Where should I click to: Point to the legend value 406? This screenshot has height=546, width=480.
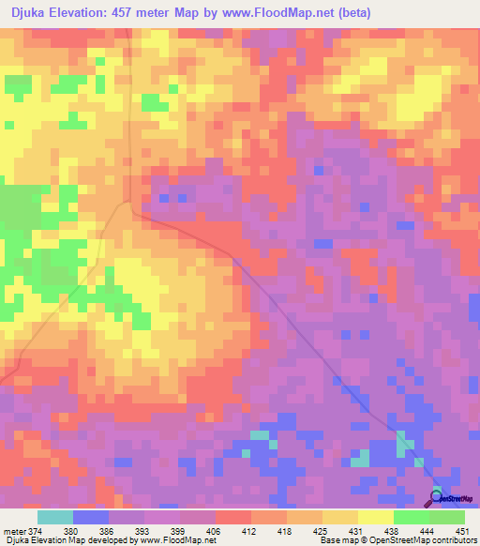(213, 530)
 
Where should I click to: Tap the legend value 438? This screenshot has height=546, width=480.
(393, 530)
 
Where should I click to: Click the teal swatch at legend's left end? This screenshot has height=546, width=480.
(55, 517)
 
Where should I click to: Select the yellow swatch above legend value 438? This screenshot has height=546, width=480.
(376, 517)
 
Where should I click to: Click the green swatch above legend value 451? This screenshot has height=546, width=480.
(447, 517)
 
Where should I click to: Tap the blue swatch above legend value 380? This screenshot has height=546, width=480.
(91, 517)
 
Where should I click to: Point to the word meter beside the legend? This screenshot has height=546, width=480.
(14, 530)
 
